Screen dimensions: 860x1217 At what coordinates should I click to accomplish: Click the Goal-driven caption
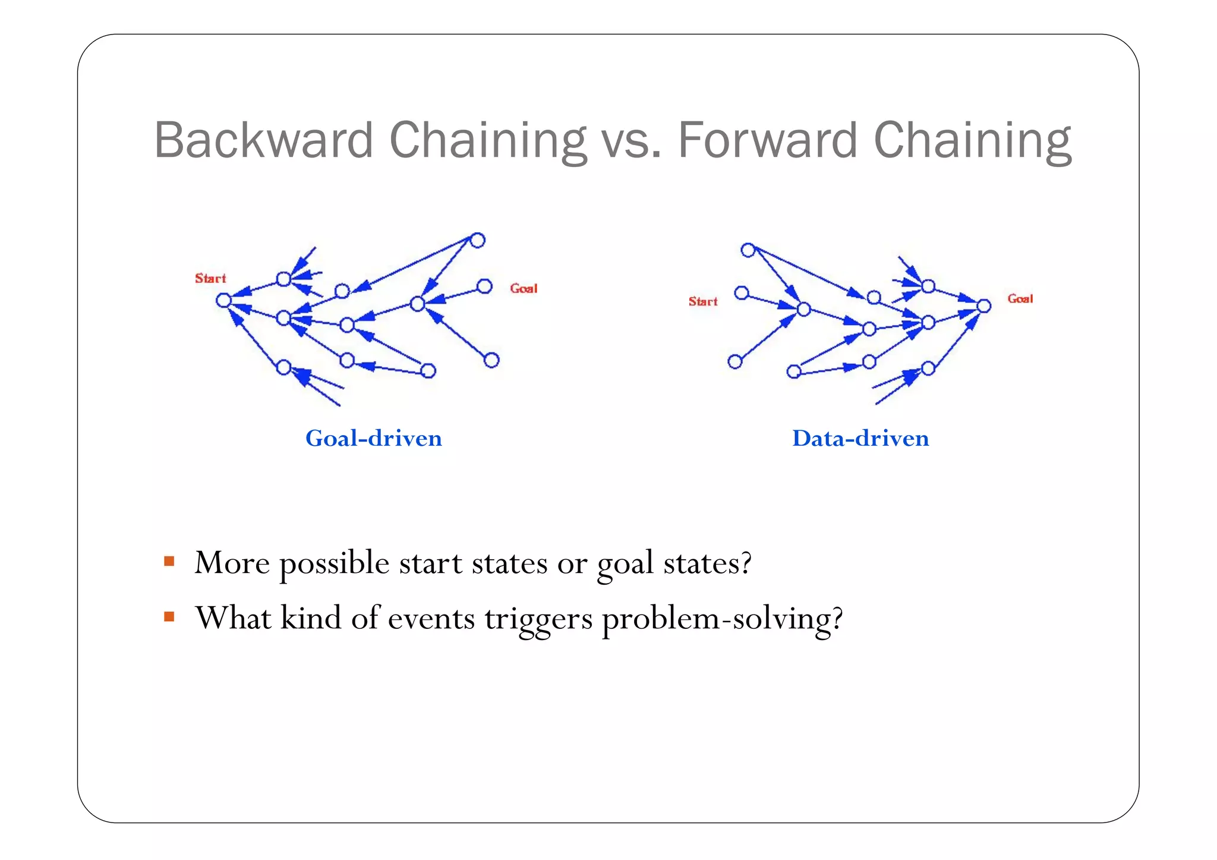(x=374, y=439)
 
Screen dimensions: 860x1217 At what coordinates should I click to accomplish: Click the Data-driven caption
(x=860, y=439)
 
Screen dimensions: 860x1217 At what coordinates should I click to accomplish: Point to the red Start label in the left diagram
(x=210, y=278)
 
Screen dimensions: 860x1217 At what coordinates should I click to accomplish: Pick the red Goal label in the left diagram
(x=524, y=288)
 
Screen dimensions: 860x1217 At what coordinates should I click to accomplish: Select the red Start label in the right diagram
(x=703, y=301)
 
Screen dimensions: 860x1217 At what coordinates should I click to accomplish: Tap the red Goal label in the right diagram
(x=1020, y=298)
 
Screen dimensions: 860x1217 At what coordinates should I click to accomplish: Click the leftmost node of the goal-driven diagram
(x=223, y=300)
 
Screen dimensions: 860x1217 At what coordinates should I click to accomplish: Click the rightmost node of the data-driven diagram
(x=984, y=306)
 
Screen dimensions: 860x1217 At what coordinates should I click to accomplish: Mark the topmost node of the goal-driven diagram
(x=478, y=240)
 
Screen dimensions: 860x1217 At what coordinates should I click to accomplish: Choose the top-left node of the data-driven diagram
(x=748, y=250)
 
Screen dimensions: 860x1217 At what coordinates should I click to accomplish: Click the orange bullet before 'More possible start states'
(x=169, y=561)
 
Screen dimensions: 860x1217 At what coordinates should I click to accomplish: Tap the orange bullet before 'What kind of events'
(x=169, y=617)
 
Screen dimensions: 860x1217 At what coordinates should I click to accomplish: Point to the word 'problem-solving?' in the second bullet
(x=722, y=619)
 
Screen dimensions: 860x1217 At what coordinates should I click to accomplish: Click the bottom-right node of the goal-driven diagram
(x=491, y=360)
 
